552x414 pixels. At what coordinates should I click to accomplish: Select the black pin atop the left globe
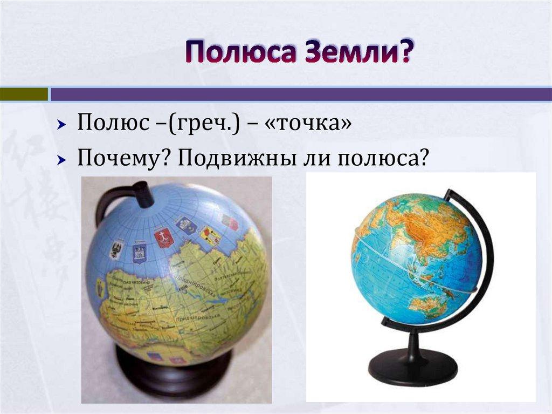coord(143,194)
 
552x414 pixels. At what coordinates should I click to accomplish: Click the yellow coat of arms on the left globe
coord(210,235)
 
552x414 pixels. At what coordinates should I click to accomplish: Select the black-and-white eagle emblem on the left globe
coord(115,249)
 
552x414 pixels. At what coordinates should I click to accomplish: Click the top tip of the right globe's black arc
coord(447,192)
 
